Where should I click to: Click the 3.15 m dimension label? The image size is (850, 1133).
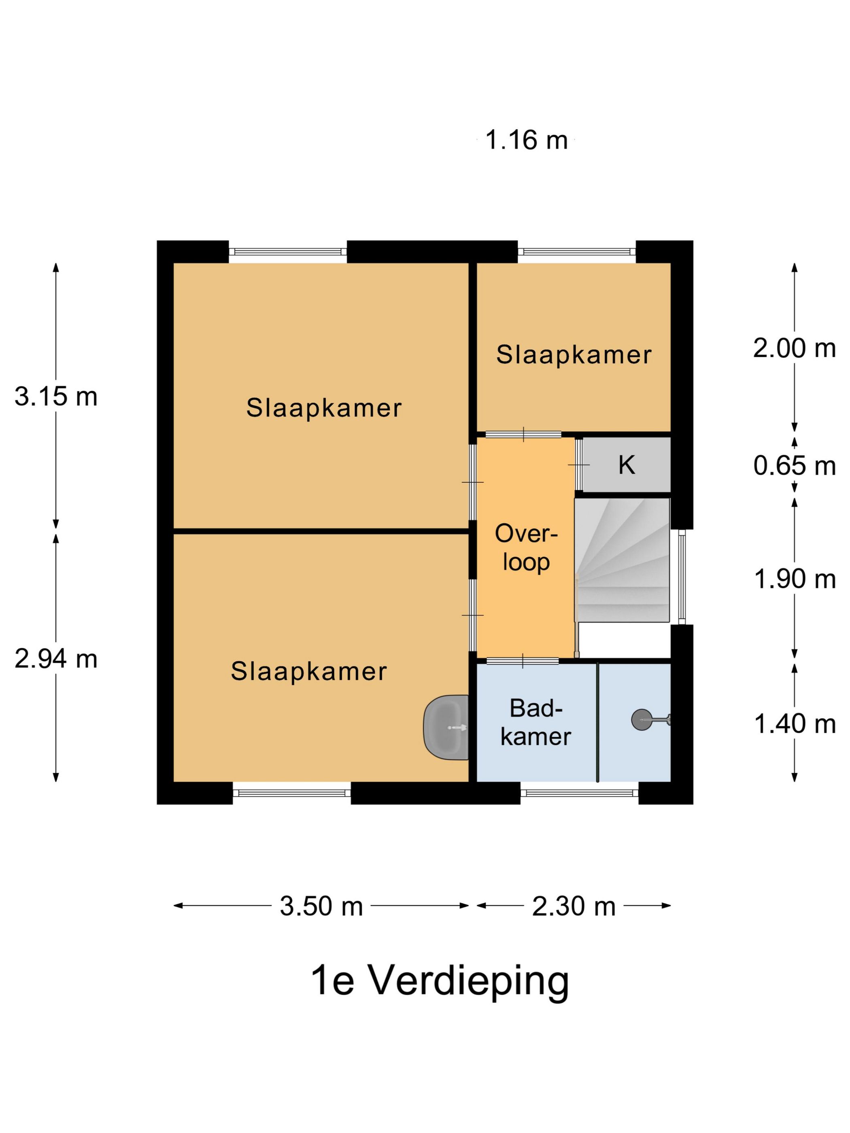pyautogui.click(x=56, y=397)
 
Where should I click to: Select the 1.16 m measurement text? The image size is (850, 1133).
pyautogui.click(x=526, y=140)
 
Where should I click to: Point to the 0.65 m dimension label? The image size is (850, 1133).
pyautogui.click(x=794, y=466)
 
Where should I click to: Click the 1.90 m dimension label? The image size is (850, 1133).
pyautogui.click(x=794, y=579)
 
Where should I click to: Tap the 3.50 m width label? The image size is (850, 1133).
pyautogui.click(x=321, y=906)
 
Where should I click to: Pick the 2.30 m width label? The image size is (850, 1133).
pyautogui.click(x=573, y=906)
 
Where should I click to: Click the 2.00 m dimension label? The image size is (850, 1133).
pyautogui.click(x=794, y=348)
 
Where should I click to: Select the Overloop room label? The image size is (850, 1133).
pyautogui.click(x=526, y=547)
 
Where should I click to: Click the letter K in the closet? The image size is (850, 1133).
pyautogui.click(x=627, y=465)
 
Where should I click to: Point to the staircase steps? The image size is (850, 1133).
pyautogui.click(x=622, y=560)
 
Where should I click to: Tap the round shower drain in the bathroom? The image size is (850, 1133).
pyautogui.click(x=640, y=719)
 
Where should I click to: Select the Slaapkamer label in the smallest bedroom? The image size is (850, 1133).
pyautogui.click(x=573, y=355)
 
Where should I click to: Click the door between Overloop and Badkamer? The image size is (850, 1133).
pyautogui.click(x=522, y=661)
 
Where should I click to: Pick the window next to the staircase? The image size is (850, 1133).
pyautogui.click(x=682, y=577)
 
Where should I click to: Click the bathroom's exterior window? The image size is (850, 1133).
pyautogui.click(x=580, y=794)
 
